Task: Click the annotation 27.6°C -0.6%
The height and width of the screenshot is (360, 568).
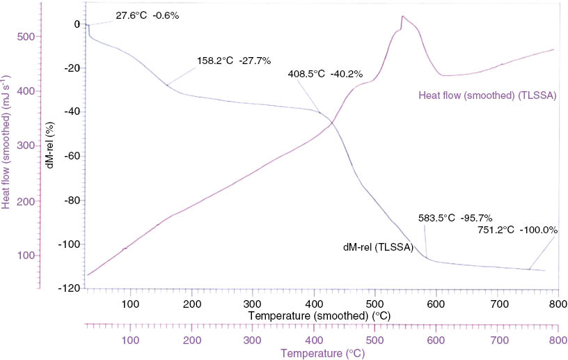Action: pyautogui.click(x=147, y=15)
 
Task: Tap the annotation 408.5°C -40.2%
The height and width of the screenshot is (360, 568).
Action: pyautogui.click(x=325, y=72)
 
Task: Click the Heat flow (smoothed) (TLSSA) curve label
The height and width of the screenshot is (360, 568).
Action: pyautogui.click(x=487, y=95)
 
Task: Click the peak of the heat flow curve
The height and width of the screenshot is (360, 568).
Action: pyautogui.click(x=402, y=17)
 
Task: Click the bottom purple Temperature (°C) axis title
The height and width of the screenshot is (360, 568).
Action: pyautogui.click(x=322, y=353)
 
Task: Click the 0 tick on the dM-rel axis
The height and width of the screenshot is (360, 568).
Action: pyautogui.click(x=77, y=24)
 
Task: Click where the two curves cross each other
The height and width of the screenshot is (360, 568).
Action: pyautogui.click(x=331, y=123)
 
